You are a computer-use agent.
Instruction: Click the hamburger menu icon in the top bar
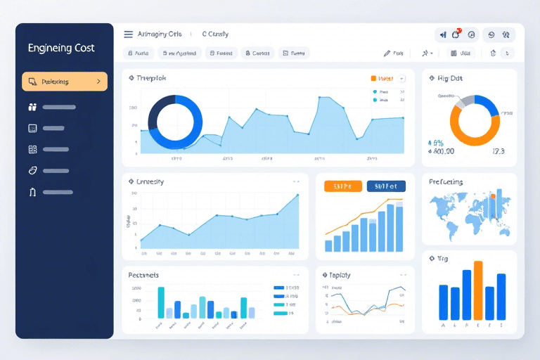128,34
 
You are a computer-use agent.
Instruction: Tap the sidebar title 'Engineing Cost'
61,49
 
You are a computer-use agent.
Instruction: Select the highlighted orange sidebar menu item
64,82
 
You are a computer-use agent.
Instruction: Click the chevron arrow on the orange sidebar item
98,82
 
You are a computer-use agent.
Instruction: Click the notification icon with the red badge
456,34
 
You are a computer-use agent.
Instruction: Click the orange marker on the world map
492,196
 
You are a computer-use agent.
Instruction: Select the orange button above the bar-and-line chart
343,186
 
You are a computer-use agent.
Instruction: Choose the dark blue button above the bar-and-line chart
386,186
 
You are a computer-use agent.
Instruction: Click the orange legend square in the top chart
373,79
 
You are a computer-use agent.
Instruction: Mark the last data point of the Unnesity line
298,195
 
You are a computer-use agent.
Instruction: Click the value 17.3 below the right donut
499,150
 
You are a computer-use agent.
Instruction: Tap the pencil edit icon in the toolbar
387,53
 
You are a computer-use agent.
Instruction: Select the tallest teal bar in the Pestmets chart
161,302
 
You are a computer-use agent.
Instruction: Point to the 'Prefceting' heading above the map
446,182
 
